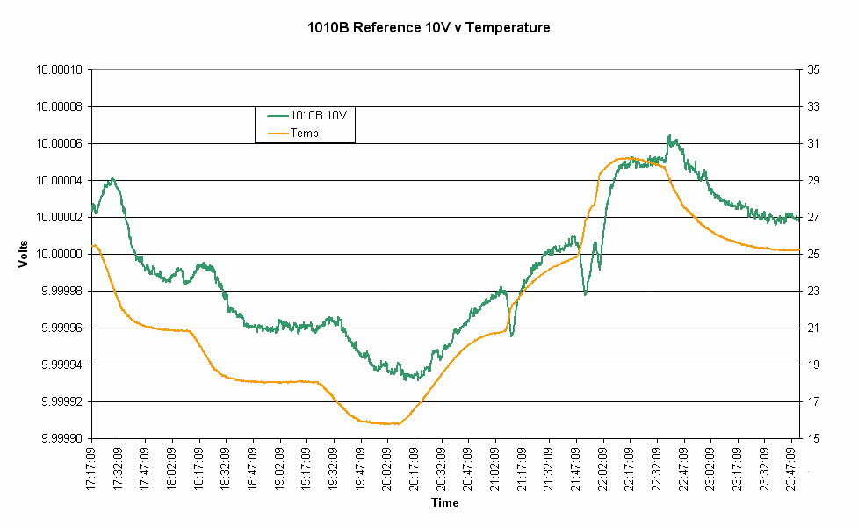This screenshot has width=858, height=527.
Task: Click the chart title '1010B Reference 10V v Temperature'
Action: point(429,28)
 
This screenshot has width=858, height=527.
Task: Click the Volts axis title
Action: point(24,253)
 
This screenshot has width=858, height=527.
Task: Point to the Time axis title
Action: point(444,503)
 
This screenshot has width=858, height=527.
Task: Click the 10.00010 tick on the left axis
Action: point(59,69)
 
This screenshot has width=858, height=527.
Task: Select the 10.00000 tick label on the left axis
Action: point(59,254)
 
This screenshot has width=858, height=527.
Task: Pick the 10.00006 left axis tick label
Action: point(59,143)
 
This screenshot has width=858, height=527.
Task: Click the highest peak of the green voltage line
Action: point(669,135)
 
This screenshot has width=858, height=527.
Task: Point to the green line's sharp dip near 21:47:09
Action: point(585,293)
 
